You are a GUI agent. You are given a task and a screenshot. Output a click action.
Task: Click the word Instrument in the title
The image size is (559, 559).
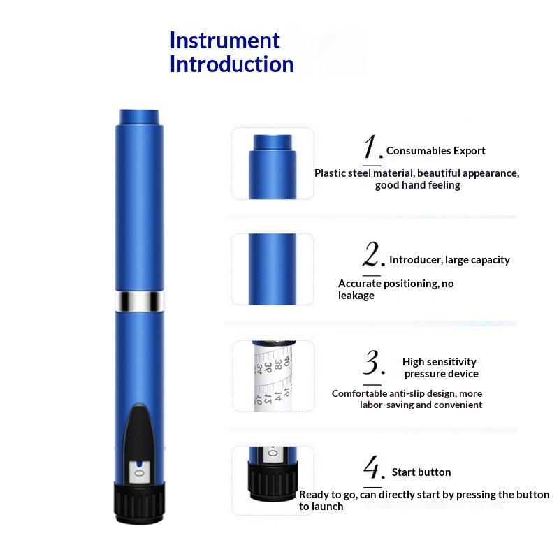point(224,41)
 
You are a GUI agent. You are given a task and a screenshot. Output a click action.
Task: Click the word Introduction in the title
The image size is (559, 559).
point(232,64)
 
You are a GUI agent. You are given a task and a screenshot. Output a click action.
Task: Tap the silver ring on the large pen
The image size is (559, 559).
point(139,301)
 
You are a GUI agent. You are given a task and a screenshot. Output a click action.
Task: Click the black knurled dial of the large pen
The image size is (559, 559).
point(139,502)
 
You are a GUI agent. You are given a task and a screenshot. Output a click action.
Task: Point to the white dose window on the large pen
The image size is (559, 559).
point(139,472)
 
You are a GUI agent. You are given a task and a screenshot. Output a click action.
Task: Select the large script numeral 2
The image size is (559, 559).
point(373,254)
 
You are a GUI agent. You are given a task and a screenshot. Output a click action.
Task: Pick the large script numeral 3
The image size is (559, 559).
point(374,362)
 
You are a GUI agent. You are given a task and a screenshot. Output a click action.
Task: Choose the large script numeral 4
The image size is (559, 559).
point(374,467)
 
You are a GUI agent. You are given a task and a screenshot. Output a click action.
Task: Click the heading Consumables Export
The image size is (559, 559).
point(435,151)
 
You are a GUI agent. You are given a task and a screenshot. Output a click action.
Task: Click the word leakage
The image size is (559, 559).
point(356,296)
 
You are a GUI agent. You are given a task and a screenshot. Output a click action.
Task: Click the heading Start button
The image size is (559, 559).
point(421,472)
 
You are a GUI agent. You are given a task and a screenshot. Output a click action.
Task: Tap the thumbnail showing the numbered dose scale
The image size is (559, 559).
point(273,376)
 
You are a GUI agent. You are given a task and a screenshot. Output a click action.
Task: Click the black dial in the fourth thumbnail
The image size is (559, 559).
point(273,481)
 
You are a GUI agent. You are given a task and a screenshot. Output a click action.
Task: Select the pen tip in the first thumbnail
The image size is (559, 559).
point(273,143)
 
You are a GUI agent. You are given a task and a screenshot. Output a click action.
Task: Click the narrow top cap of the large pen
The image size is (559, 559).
point(139,117)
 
